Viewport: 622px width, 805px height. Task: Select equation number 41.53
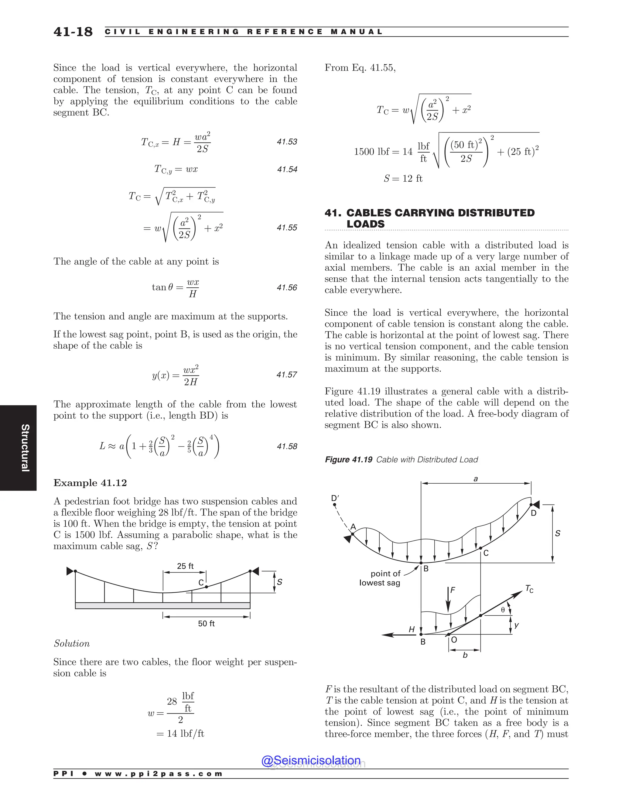[287, 142]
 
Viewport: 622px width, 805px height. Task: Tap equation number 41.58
[287, 446]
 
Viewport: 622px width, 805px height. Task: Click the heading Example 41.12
[90, 483]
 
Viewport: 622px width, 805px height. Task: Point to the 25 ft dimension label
[185, 566]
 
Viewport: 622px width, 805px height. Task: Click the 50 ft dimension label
[206, 624]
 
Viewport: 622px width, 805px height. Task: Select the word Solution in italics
[71, 644]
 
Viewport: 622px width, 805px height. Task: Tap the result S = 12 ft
[403, 179]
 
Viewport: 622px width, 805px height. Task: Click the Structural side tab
[25, 448]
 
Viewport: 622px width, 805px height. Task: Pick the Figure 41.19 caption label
[348, 460]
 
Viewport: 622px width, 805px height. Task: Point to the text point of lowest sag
[380, 578]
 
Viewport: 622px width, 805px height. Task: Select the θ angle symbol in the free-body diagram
[503, 610]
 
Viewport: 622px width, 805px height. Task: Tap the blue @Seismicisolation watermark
[311, 760]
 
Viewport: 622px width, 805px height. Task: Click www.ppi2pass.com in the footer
[159, 774]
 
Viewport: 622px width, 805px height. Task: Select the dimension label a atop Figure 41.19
[475, 479]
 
